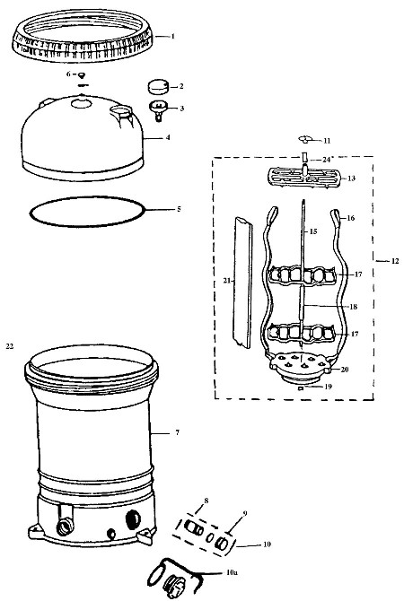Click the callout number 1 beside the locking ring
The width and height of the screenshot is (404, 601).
coord(172,37)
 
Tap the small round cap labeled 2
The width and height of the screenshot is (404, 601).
coord(158,86)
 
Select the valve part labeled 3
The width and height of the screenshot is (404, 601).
coord(157,109)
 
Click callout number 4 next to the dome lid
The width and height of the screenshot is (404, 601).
coord(168,137)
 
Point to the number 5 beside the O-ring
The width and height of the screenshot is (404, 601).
coord(179,209)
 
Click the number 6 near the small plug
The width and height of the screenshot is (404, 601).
coord(68,74)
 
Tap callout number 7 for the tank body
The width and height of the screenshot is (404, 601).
coord(177,432)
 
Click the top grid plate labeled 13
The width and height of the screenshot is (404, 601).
coord(304,178)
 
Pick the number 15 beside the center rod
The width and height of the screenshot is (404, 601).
coord(313,231)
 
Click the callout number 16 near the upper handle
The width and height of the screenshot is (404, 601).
coord(351,218)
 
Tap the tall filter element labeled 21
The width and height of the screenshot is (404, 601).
coord(243,282)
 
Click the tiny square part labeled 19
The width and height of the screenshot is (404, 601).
coord(301,388)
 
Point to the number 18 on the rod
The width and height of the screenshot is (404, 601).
coord(354,307)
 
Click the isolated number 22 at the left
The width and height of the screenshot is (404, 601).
coord(10,346)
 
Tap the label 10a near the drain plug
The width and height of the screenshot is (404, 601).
coord(232,572)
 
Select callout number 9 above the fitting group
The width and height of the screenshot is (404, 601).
coord(245,514)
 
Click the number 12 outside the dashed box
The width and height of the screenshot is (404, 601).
coord(395,261)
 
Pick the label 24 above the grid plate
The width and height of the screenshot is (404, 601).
coord(327,160)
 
